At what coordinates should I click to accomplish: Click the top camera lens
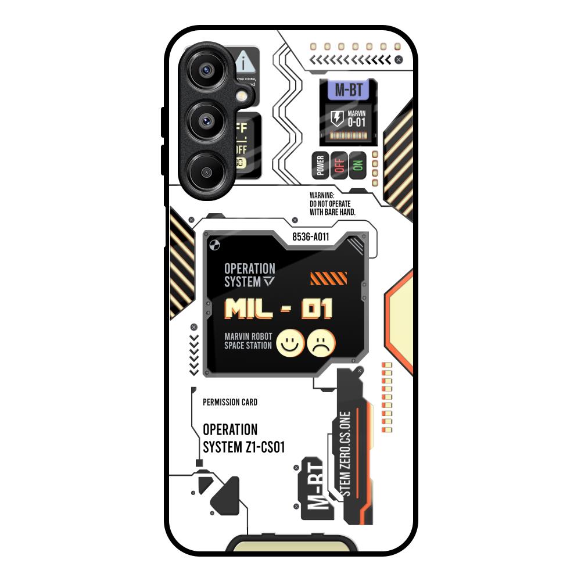point(205,70)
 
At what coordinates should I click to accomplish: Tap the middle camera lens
point(205,121)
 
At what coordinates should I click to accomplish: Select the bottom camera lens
point(205,171)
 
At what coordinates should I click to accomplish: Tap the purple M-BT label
point(348,91)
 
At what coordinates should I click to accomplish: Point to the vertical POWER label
point(320,165)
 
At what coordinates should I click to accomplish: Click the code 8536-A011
point(311,236)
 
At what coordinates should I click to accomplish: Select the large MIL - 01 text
point(278,309)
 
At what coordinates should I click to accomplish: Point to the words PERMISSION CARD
point(230,402)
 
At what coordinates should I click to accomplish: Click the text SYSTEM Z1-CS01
point(243,447)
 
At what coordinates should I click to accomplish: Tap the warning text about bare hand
point(332,204)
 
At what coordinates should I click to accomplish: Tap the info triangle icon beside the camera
point(245,61)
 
